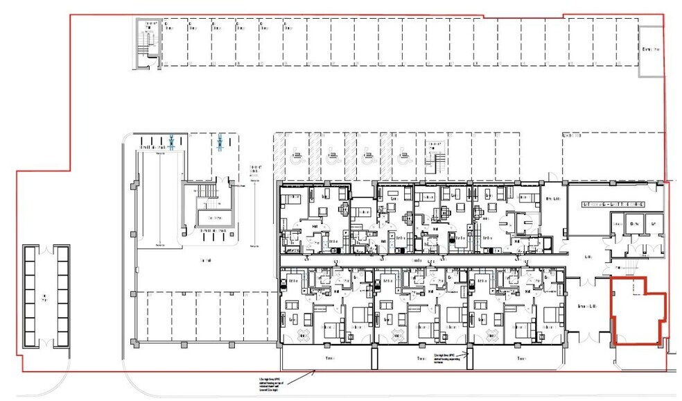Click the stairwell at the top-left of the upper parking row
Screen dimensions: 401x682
(147, 43)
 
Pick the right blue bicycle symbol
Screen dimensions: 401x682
(220, 142)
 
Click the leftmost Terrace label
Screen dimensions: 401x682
(328, 358)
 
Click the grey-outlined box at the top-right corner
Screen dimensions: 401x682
(650, 51)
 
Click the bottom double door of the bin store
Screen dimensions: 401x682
(47, 345)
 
